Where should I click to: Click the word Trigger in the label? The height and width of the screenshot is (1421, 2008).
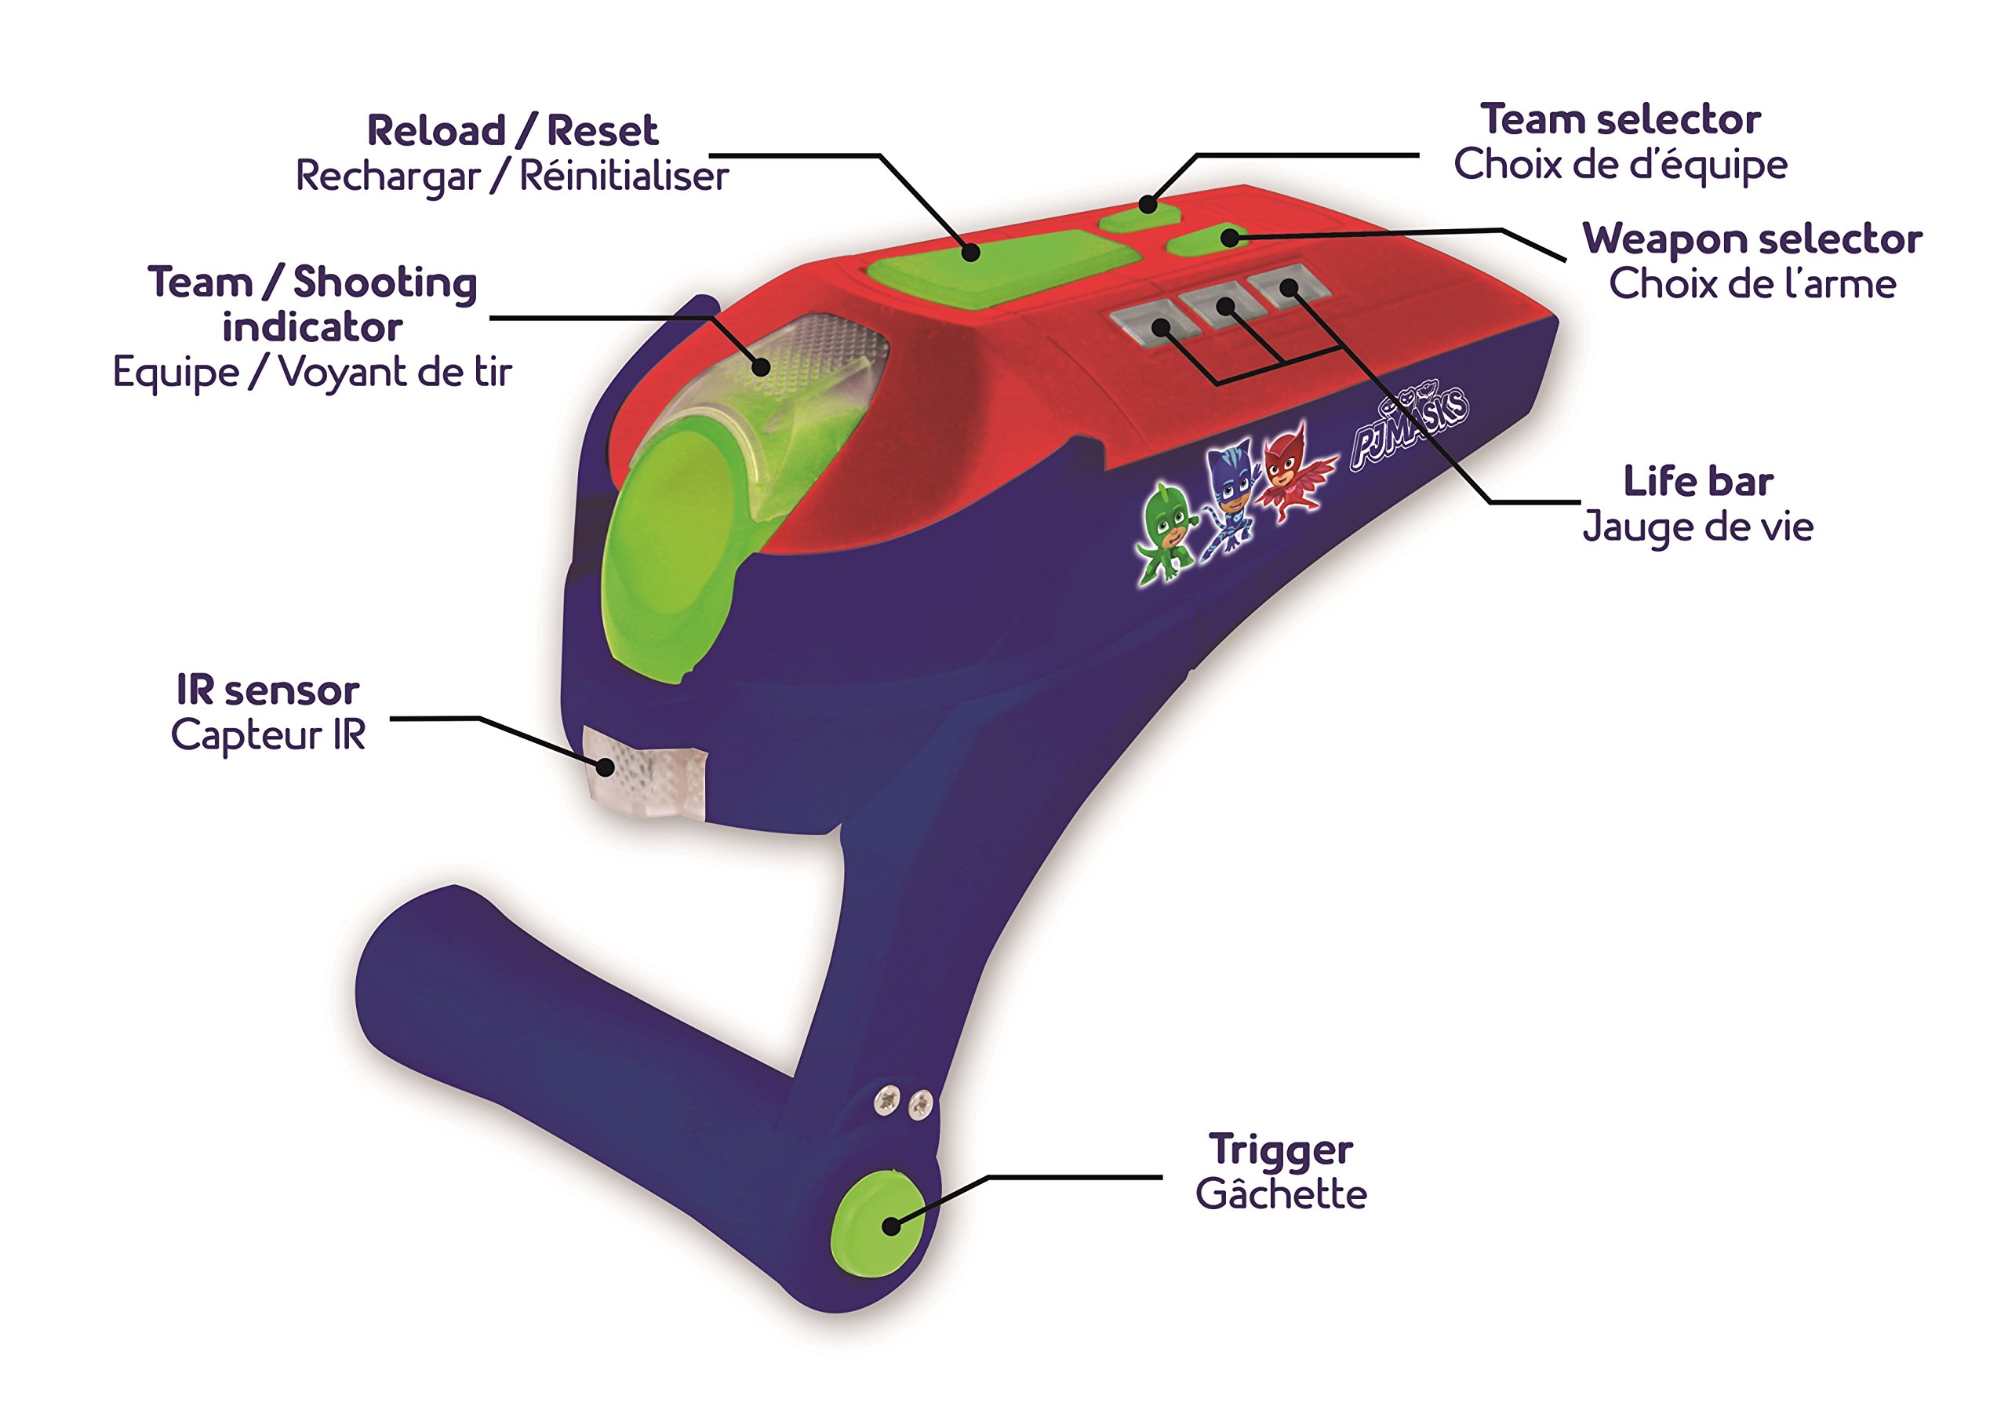1280,1150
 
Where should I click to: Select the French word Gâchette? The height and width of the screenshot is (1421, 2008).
1281,1193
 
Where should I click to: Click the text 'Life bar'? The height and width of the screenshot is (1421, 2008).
1698,481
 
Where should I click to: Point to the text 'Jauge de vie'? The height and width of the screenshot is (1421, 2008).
1697,526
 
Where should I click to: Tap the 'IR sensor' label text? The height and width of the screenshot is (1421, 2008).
267,690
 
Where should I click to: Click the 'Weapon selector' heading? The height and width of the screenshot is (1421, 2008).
1752,239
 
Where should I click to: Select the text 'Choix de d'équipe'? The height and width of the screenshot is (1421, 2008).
1621,166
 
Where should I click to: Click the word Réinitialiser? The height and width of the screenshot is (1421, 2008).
624,176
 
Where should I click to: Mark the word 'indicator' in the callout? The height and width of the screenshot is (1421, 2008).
312,327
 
